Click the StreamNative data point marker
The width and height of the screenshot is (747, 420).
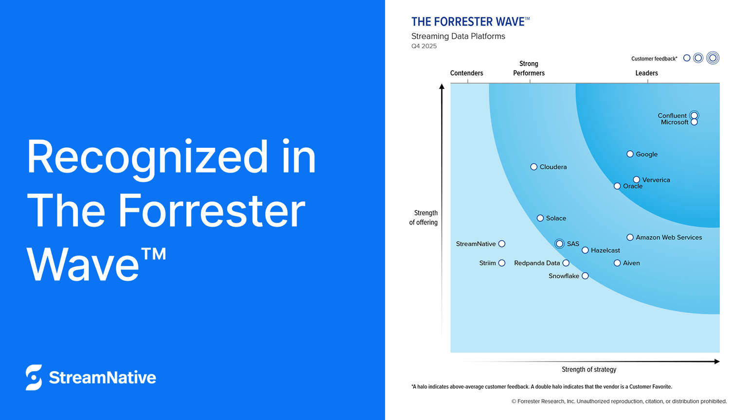(502, 244)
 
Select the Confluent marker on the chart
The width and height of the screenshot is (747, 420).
(694, 115)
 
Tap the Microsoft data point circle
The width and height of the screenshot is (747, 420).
(694, 122)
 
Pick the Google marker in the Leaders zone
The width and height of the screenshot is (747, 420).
(630, 154)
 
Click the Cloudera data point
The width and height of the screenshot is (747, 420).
(534, 167)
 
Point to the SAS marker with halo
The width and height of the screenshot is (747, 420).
(560, 244)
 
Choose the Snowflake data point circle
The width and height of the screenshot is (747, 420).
(585, 276)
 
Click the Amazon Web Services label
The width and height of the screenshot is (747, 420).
(669, 237)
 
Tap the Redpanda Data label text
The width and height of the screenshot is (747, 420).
(537, 263)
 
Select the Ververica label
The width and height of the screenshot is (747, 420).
(656, 180)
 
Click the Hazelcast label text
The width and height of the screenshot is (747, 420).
(605, 250)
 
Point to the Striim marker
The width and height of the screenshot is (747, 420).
(502, 263)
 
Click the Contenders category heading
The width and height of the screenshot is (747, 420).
(466, 73)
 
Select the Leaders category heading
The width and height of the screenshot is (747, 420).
(646, 73)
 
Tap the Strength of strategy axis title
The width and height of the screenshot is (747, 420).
(589, 369)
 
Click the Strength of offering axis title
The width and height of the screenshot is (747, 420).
(424, 217)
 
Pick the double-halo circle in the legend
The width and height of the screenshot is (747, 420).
(712, 58)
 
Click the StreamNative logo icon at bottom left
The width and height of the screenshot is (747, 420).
(34, 377)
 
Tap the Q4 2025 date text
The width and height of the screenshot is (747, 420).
(424, 46)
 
